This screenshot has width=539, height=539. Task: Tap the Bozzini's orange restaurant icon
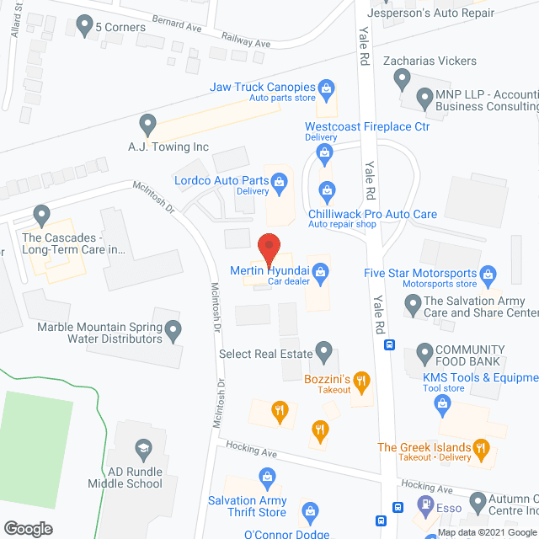361,381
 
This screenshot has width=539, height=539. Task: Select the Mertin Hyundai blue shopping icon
320,271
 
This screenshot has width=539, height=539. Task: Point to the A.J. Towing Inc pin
148,125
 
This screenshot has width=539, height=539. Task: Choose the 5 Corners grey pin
83,26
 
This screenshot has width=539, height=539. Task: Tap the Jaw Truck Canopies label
262,87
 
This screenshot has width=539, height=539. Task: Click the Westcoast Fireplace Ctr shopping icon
323,152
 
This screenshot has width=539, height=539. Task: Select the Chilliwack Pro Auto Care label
372,214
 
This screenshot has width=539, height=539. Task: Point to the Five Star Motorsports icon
488,273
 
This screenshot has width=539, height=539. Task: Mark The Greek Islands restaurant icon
481,447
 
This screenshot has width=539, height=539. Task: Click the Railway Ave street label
245,40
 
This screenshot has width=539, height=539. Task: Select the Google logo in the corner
27,529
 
